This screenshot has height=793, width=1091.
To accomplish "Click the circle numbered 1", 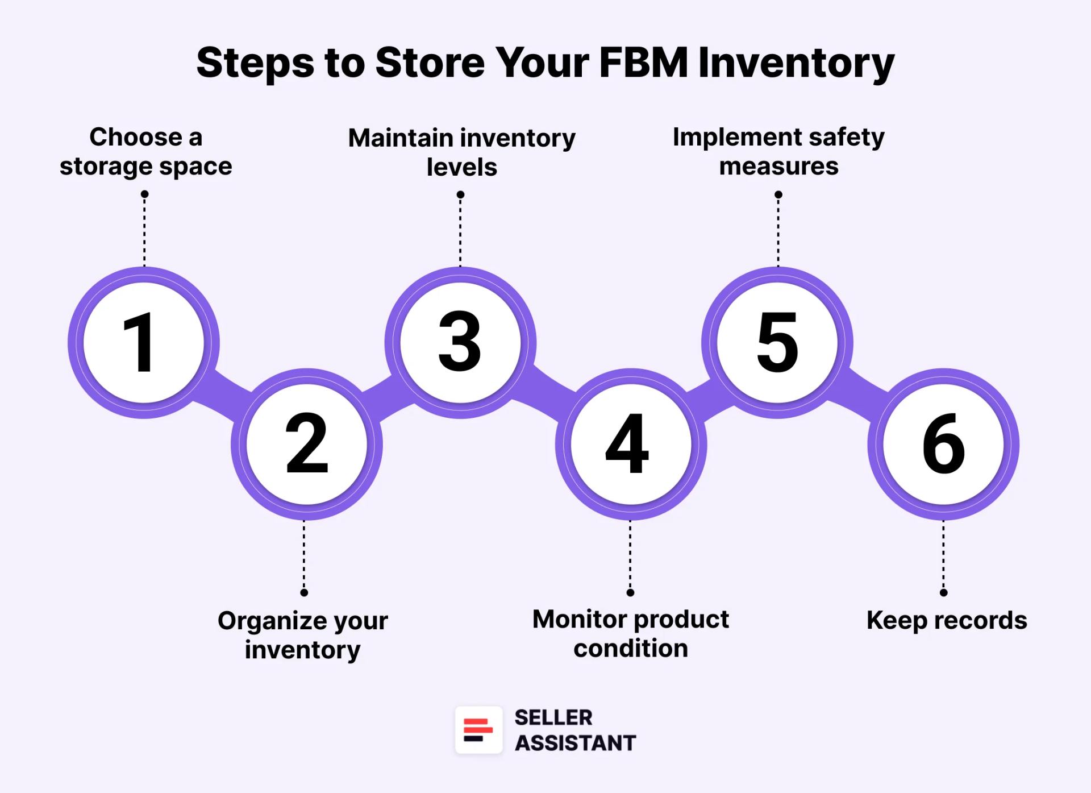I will [x=143, y=343].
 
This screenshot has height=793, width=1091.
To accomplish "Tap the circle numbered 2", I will [x=306, y=444].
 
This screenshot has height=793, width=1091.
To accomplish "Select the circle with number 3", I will [x=460, y=343].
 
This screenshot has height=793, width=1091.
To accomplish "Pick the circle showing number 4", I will [x=631, y=444].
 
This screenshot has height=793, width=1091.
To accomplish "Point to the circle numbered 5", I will [x=777, y=343].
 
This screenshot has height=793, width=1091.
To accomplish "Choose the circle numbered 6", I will [x=943, y=444].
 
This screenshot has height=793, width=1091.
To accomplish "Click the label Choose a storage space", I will [x=146, y=152].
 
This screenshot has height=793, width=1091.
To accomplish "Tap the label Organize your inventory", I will [x=303, y=635].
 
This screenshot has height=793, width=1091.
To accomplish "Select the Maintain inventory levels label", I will [x=461, y=152].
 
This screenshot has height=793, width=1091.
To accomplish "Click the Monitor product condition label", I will [x=630, y=634].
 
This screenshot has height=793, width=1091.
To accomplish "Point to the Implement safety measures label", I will [x=778, y=152].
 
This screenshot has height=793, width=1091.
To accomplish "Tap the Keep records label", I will [x=946, y=620].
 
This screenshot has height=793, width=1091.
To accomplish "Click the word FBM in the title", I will [x=643, y=63].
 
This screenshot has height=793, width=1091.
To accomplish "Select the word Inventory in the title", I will [x=796, y=64].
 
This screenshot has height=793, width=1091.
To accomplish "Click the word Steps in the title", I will [x=255, y=64].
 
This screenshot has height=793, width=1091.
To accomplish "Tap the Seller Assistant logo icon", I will [x=478, y=730].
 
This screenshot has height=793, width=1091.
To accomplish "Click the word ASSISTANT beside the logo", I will [x=575, y=743].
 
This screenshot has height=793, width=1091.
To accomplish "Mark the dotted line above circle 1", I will [x=144, y=230].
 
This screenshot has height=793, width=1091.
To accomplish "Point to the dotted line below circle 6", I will [x=943, y=556].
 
